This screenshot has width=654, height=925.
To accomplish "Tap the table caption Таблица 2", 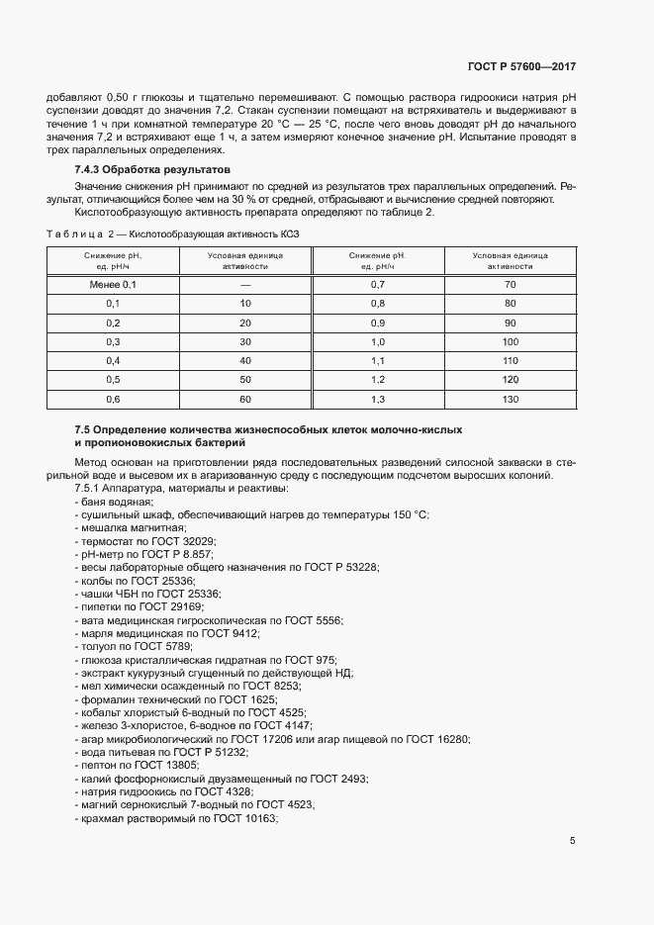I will pos(80,232).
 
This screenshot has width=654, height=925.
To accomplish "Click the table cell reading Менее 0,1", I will pos(112,284).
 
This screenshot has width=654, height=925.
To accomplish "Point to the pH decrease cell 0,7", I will pos(377,284).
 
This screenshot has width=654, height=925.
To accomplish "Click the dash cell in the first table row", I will pos(245,284).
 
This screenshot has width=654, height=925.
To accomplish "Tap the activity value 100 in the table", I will pos(511,340).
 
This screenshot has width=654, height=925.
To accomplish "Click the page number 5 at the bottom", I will pos(572,841).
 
